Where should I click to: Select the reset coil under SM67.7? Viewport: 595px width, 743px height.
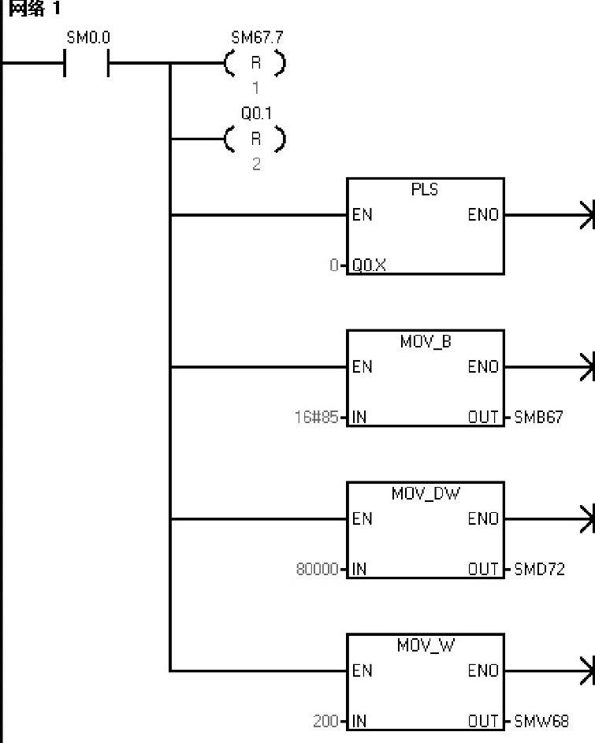click(x=255, y=64)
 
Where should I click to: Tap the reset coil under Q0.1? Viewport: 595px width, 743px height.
click(x=255, y=139)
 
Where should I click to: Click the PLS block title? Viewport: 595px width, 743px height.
click(x=425, y=190)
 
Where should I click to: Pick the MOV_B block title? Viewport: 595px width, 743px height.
click(x=425, y=342)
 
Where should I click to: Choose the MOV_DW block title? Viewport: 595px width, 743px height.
click(x=425, y=494)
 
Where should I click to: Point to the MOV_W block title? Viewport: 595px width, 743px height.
click(x=425, y=646)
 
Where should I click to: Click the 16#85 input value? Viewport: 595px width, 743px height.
click(x=317, y=417)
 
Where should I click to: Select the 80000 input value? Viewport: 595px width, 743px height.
click(x=318, y=569)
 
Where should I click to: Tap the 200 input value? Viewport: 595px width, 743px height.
click(x=325, y=721)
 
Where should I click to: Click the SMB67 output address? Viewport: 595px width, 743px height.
click(x=539, y=417)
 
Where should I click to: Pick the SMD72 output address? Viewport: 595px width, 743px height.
click(x=539, y=569)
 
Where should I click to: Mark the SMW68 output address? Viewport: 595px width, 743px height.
click(x=541, y=721)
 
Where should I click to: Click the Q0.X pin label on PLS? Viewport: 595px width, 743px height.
click(x=369, y=266)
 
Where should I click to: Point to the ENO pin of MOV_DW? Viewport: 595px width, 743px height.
click(x=483, y=519)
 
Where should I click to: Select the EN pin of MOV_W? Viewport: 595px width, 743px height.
click(x=362, y=671)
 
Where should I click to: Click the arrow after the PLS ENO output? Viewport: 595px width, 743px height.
click(x=585, y=214)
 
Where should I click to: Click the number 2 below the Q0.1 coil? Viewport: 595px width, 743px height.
click(x=255, y=164)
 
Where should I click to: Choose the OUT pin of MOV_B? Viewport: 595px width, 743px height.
click(x=484, y=417)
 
